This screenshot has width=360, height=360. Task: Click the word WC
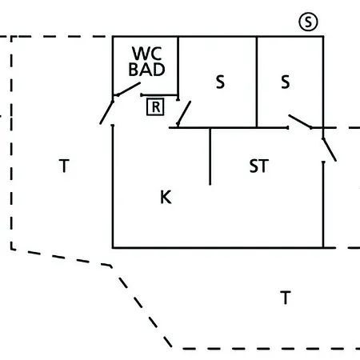tap(147, 54)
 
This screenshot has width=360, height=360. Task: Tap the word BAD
tap(146, 70)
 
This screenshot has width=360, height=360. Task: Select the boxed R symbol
tap(155, 107)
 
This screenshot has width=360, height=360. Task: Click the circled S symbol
tap(308, 22)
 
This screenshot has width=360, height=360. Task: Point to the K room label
tap(166, 198)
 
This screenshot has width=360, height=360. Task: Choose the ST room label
tap(258, 166)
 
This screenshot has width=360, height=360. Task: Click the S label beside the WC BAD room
tap(220, 82)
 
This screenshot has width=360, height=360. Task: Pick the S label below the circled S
tap(286, 82)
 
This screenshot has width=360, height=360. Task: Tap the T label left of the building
tap(64, 166)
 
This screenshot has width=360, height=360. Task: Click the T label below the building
tap(286, 298)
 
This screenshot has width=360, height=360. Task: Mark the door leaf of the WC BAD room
tap(129, 89)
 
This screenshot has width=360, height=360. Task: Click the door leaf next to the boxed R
tap(184, 114)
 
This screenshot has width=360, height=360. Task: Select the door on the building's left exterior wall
tap(106, 113)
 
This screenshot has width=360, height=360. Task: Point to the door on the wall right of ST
tap(330, 150)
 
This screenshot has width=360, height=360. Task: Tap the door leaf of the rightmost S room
tap(300, 122)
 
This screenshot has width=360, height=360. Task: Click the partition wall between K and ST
tap(210, 156)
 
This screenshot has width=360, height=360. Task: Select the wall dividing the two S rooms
tap(257, 82)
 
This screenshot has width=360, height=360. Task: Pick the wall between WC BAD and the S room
tap(178, 68)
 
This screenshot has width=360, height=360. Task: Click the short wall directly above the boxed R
tap(159, 95)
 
